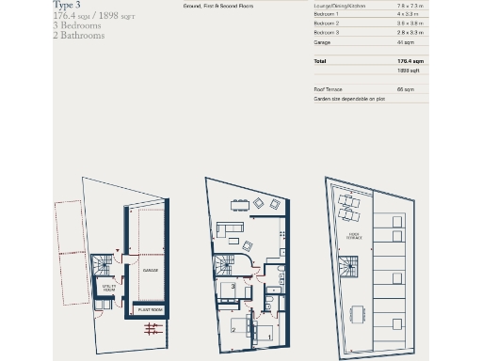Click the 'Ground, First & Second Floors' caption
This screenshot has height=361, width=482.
205,7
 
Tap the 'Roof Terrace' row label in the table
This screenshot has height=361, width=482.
329,88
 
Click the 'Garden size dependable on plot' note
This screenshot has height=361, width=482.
349,98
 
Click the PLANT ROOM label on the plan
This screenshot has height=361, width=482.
151,308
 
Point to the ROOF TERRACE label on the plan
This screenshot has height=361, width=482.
355,236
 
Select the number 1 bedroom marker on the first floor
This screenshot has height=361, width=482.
269,335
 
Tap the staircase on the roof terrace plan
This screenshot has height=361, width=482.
350,273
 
